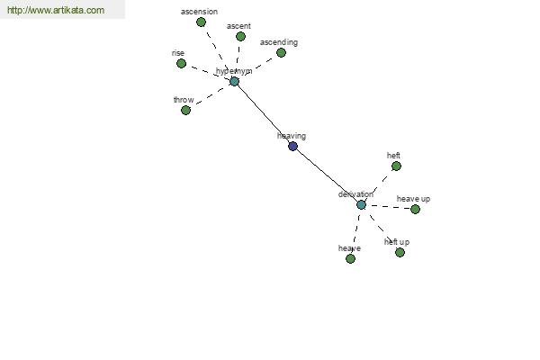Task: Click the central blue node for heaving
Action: pos(292,146)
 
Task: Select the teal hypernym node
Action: pos(234,81)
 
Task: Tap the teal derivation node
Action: pos(361,204)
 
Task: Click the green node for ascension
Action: pos(201,22)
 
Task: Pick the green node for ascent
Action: pos(240,36)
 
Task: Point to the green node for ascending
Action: pos(281,52)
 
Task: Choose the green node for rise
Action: pos(181,63)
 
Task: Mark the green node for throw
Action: pos(185,110)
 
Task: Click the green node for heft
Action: pos(396,166)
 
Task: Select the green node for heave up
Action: pos(415,209)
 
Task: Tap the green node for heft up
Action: pos(400,252)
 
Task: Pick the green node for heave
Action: pos(350,258)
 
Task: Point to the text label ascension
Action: pos(199,12)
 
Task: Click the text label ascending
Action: pos(279,42)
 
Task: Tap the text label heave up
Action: pos(413,199)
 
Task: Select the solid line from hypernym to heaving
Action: pos(263,113)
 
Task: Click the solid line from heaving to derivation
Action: pos(327,175)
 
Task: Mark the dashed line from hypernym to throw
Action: pos(210,95)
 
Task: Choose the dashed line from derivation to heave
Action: pos(355,231)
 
